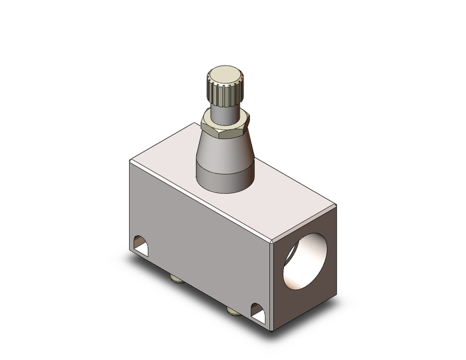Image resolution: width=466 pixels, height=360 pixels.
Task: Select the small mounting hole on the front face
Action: pos(141,246)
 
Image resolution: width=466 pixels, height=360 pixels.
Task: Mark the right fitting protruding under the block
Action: pos(233,310)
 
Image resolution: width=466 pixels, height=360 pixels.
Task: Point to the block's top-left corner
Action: pos(130,160)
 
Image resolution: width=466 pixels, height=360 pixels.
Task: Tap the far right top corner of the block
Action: pos(336,205)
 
